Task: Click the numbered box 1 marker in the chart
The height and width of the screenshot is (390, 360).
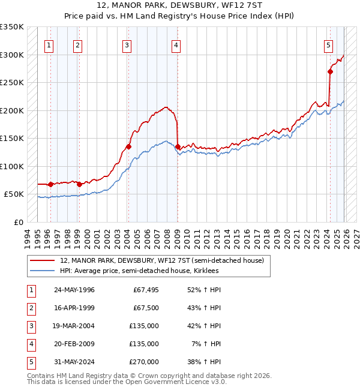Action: point(49,44)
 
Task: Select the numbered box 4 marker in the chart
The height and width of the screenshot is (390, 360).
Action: point(176,44)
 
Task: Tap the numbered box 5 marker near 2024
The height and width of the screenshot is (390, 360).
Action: point(329,44)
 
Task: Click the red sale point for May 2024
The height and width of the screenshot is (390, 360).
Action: point(330,71)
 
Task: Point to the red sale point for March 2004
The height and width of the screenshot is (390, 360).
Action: point(128,146)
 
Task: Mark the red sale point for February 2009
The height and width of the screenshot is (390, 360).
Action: point(178,146)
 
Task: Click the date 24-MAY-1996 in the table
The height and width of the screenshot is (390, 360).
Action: point(74,290)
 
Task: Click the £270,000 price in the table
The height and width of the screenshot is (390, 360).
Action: point(144,362)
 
